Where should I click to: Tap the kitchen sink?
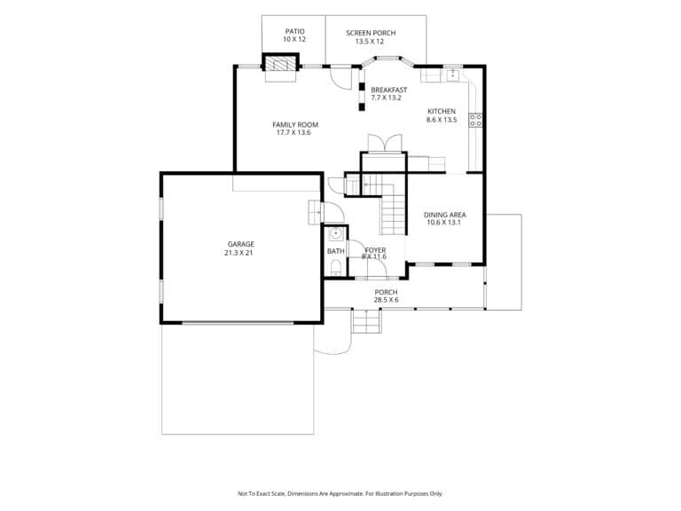point(453,75)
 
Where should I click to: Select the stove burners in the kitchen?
point(476,120)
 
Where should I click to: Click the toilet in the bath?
point(336,266)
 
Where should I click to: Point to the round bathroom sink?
point(336,234)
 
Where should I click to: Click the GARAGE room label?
point(241,244)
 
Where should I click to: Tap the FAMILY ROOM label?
point(295,125)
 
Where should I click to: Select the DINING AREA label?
point(445,215)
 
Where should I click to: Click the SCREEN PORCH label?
point(371,33)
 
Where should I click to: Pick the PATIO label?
point(295,31)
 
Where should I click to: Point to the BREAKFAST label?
point(389,90)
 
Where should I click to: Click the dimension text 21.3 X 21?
point(239,253)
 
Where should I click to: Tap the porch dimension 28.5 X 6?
point(386,300)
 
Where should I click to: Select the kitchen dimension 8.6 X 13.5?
point(442,120)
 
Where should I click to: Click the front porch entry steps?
point(367,320)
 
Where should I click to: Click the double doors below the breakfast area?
point(385,143)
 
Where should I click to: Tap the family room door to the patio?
point(340,77)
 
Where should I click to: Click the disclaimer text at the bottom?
point(340,493)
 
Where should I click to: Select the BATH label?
point(336,251)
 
